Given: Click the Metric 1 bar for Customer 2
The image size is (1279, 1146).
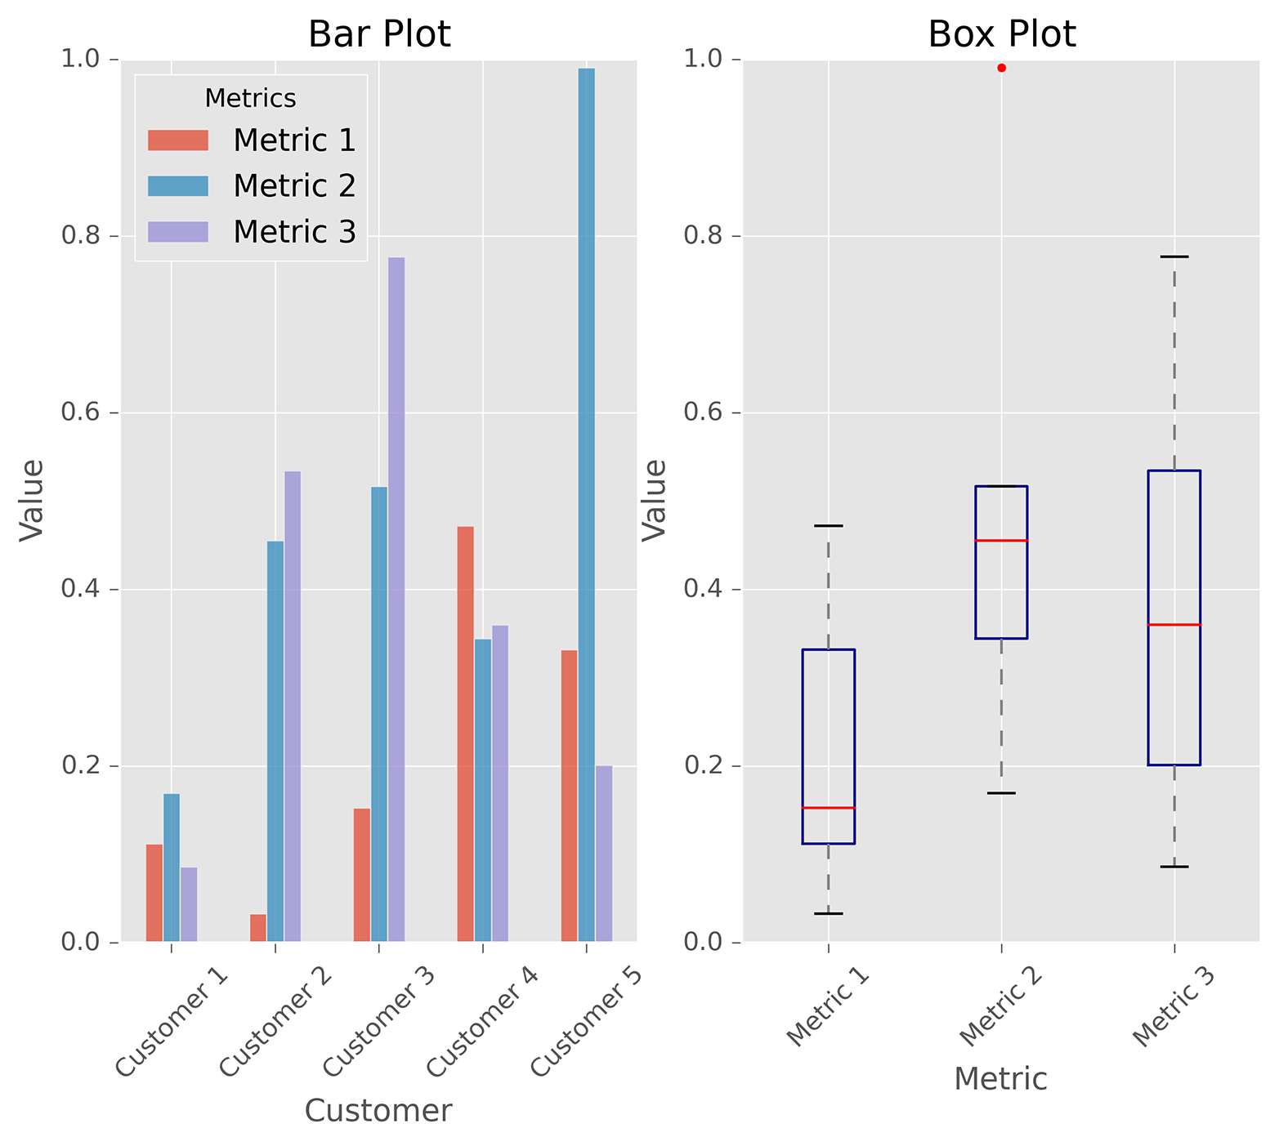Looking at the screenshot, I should (258, 928).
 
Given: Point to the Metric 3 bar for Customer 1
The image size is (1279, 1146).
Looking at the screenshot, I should (189, 904).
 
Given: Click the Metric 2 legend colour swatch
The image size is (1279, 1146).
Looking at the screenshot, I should (178, 186).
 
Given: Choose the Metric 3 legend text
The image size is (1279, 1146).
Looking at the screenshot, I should (294, 232).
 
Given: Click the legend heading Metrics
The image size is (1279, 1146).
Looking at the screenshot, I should (250, 98).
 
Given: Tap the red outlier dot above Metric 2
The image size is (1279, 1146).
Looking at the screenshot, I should (1001, 68).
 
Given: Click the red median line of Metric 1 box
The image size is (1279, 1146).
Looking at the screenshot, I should (828, 808).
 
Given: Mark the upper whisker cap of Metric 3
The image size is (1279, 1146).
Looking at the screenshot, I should (1174, 256).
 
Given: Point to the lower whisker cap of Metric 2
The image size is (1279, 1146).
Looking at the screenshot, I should (1001, 793).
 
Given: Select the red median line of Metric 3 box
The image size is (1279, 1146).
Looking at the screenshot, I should (1174, 625).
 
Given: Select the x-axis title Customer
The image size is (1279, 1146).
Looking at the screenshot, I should (378, 1111).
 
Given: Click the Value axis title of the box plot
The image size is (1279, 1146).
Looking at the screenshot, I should (654, 500).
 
